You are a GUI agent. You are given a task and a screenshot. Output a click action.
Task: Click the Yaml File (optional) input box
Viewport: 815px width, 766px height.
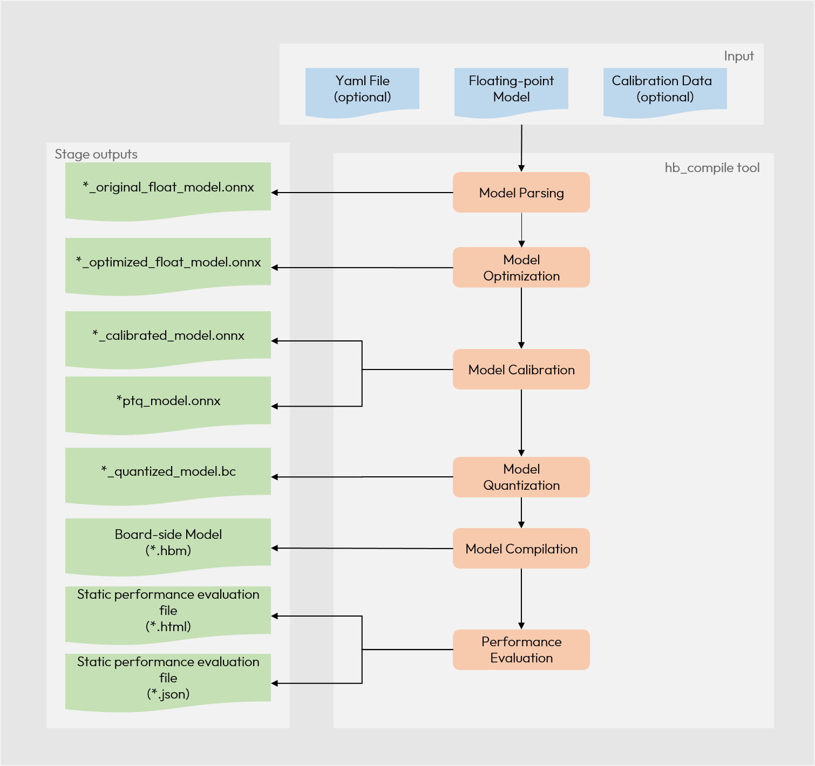[x=362, y=90]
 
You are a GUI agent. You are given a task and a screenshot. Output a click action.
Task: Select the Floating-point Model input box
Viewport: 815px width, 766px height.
[x=511, y=90]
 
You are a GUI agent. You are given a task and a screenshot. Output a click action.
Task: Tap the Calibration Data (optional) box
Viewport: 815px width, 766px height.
[x=664, y=90]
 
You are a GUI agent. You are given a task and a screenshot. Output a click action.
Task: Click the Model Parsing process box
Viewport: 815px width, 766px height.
[x=521, y=193]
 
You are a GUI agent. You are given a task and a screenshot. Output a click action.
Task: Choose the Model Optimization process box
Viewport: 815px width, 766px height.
[x=521, y=268]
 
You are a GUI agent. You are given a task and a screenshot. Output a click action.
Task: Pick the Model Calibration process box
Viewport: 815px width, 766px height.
[x=521, y=370]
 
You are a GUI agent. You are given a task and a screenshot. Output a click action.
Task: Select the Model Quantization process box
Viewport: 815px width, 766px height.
[x=521, y=477]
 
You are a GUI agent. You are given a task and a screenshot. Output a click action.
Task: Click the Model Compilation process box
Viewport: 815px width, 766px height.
[x=521, y=549]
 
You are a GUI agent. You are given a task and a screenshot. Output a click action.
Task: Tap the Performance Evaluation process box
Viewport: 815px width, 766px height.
[x=521, y=649]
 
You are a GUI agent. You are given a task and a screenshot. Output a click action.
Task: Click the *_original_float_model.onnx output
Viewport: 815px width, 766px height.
[x=168, y=188]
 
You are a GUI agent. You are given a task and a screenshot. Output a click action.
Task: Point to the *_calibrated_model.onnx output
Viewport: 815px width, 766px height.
[x=168, y=337]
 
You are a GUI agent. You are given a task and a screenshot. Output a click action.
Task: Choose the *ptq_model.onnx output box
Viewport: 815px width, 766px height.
[x=168, y=402]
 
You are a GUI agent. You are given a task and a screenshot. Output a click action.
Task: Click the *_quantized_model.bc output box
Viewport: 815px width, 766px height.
[x=168, y=473]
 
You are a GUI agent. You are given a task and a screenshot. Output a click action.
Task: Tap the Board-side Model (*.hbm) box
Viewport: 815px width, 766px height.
[x=168, y=543]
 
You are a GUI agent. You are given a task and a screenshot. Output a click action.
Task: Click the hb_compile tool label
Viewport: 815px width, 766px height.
[x=711, y=168]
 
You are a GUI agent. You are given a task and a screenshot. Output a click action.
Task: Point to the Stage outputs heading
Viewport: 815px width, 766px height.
[x=96, y=154]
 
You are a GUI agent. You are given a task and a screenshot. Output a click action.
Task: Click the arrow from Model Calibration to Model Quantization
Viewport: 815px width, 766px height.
[x=521, y=423]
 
